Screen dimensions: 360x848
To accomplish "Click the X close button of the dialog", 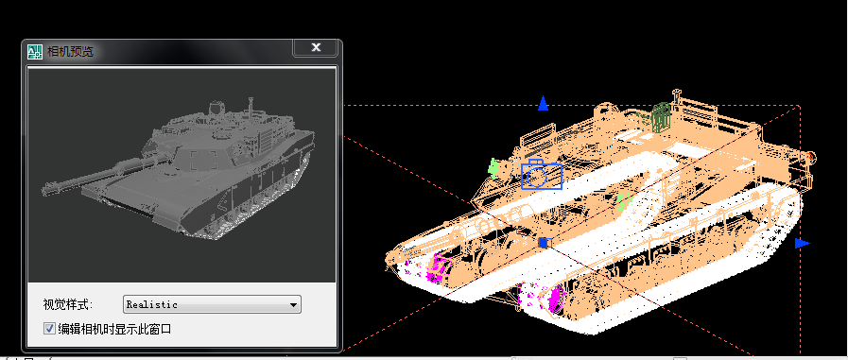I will click(316, 47).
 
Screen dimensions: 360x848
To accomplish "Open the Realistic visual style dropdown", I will click(211, 304).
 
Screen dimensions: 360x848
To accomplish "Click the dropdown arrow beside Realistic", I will click(294, 305).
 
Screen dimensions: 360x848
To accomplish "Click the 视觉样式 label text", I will click(67, 304).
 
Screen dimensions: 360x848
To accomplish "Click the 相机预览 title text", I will click(71, 51).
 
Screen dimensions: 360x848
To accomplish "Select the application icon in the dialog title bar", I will click(35, 51).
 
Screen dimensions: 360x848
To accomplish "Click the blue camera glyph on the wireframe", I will click(541, 175).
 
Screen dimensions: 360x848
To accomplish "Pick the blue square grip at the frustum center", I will click(543, 243).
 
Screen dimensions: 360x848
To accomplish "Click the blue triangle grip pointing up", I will click(543, 104).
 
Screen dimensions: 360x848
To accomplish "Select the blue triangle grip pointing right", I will click(803, 243).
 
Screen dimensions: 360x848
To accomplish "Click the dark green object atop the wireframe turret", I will click(662, 116).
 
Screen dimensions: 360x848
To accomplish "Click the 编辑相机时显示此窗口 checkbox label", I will click(114, 329).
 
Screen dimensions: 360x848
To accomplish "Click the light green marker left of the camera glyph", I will click(493, 167).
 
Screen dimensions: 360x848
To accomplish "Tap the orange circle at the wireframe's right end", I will click(811, 156).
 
